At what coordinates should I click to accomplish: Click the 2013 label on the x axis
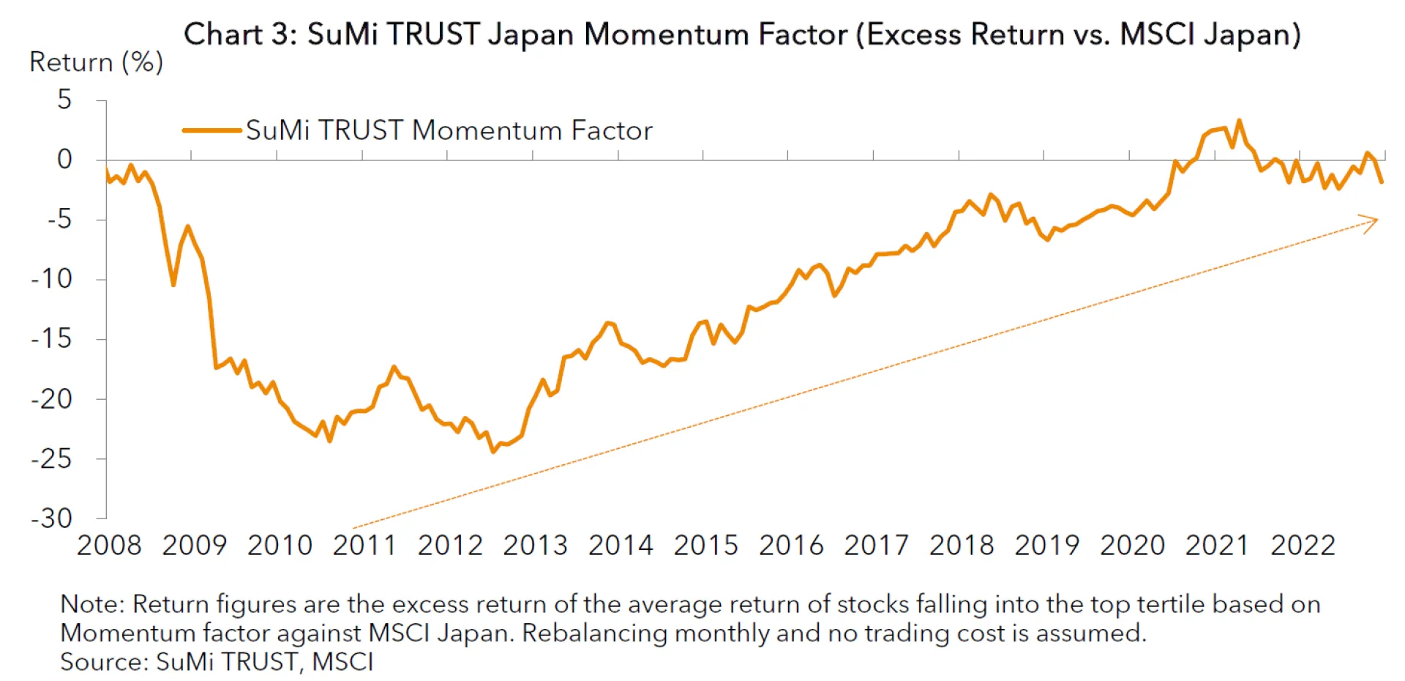[x=535, y=546]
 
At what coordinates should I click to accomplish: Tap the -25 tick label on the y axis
[x=51, y=459]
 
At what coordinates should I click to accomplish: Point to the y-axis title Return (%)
[x=96, y=63]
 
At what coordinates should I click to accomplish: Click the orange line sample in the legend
[x=211, y=130]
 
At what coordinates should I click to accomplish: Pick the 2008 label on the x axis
[x=109, y=546]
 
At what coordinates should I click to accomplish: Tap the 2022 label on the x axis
[x=1303, y=546]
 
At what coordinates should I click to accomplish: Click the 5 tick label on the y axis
[x=64, y=100]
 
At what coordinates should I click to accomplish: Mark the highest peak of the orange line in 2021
[x=1239, y=121]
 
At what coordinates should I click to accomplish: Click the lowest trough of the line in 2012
[x=493, y=451]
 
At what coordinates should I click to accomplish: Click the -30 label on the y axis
[x=51, y=518]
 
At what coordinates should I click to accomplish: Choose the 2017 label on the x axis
[x=876, y=546]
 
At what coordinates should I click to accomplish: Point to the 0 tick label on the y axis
[x=64, y=160]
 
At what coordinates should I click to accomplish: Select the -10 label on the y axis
[x=51, y=279]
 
